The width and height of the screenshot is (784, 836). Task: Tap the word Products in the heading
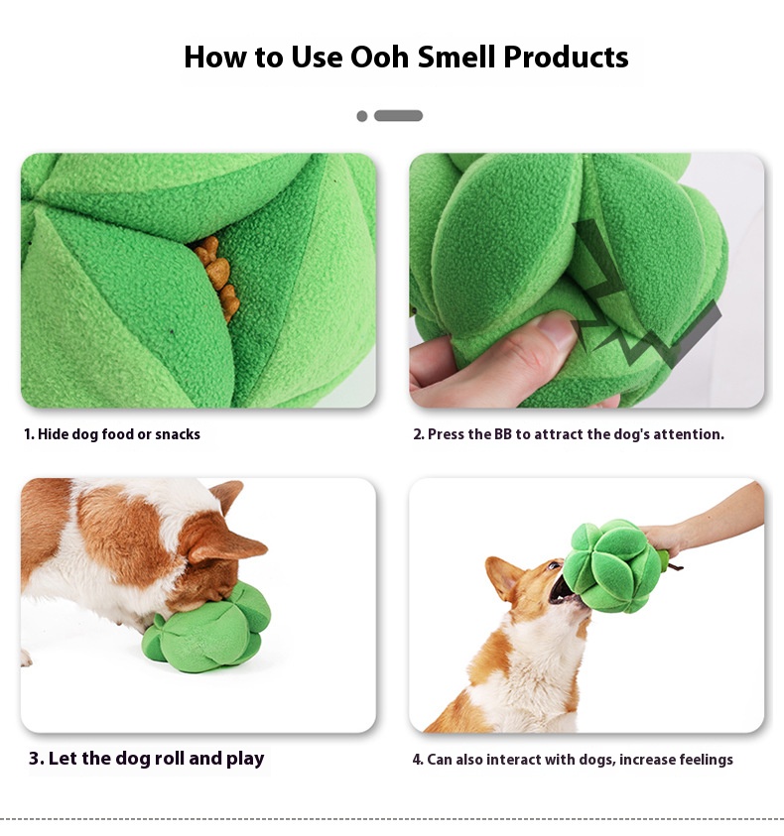click(x=566, y=57)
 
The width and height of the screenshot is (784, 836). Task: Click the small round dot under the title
click(x=362, y=116)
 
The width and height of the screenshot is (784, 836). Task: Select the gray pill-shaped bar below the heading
click(x=398, y=116)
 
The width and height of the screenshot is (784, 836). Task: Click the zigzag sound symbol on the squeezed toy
click(x=640, y=309)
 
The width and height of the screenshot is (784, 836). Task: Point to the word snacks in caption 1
click(x=178, y=434)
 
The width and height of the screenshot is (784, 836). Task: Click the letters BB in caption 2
click(x=503, y=434)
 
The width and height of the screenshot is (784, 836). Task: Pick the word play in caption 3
click(x=245, y=760)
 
